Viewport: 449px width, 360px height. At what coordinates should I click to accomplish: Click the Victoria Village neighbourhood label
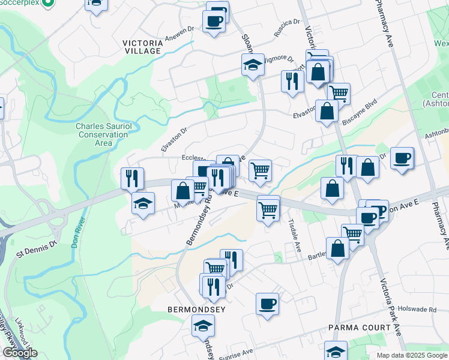(142, 47)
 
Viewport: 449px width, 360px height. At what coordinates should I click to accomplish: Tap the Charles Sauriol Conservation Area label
(102, 134)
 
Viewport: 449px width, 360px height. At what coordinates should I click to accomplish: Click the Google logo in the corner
(20, 353)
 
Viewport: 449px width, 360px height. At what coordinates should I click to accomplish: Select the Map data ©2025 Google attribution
(411, 355)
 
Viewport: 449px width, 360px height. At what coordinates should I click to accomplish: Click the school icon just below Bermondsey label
(203, 326)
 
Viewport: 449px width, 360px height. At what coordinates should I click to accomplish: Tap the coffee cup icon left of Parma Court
(267, 303)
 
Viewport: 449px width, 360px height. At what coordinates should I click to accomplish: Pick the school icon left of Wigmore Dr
(253, 64)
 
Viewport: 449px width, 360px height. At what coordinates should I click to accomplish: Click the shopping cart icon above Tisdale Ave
(267, 210)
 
